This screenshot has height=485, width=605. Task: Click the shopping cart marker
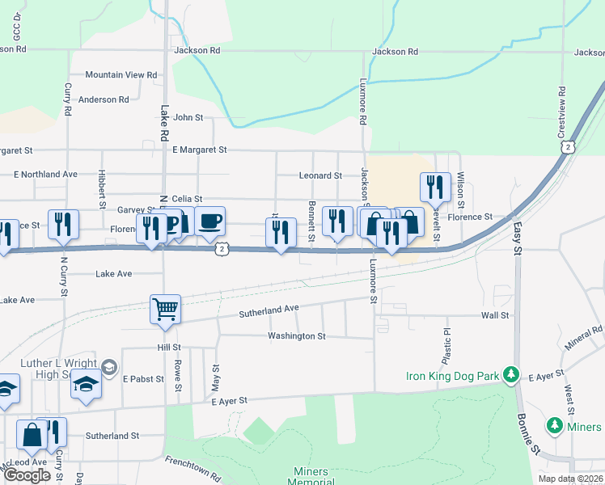[165, 309]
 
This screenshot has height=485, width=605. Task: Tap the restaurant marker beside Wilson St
[435, 188]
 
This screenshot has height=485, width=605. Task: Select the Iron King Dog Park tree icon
[510, 375]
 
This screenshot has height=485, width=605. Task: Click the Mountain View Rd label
[121, 75]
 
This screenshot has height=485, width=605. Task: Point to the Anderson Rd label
[104, 100]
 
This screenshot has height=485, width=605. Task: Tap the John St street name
[188, 118]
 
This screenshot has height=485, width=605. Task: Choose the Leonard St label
[320, 175]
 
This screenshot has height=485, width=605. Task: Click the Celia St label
[187, 199]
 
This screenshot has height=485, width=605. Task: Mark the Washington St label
[298, 336]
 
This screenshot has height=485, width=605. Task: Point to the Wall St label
[495, 316]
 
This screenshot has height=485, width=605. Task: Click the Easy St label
[518, 238]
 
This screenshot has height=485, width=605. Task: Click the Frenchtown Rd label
[192, 468]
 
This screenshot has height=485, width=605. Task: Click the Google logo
[27, 475]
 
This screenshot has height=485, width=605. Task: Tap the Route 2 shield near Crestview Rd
[569, 147]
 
